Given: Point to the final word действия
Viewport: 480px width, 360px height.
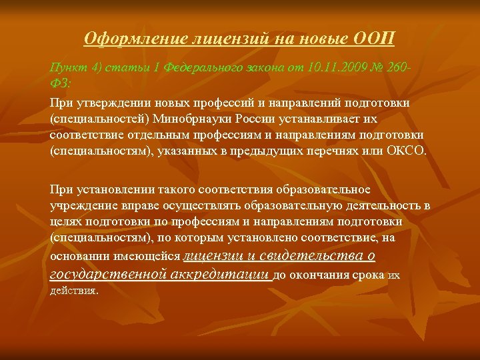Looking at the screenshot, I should pos(73,291).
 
